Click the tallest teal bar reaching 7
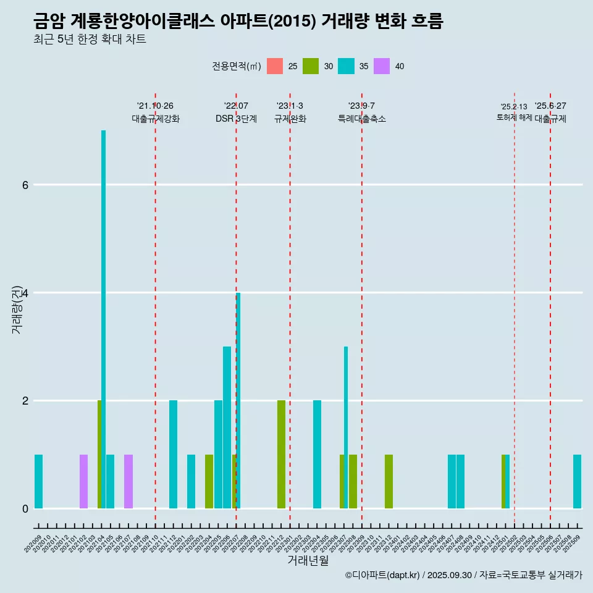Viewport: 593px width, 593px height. [103, 319]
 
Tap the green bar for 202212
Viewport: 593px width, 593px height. [281, 454]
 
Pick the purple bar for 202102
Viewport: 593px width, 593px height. [83, 481]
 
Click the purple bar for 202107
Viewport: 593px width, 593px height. [128, 481]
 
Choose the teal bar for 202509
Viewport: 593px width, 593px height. [577, 481]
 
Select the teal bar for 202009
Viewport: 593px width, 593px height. [38, 481]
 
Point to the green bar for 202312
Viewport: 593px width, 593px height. [389, 481]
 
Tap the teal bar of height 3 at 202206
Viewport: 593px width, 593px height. [227, 427]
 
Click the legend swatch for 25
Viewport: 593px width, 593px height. [275, 66]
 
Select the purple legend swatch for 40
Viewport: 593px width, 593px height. [382, 66]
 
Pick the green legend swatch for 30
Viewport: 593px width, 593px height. [311, 66]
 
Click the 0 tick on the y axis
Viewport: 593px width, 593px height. [25, 508]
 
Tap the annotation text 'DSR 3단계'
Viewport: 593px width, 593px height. [236, 119]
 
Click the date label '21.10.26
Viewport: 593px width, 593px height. [155, 106]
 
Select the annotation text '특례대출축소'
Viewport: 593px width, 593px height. [361, 119]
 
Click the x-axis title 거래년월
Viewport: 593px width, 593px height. [308, 560]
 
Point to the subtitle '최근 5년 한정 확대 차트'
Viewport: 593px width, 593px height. [90, 40]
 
